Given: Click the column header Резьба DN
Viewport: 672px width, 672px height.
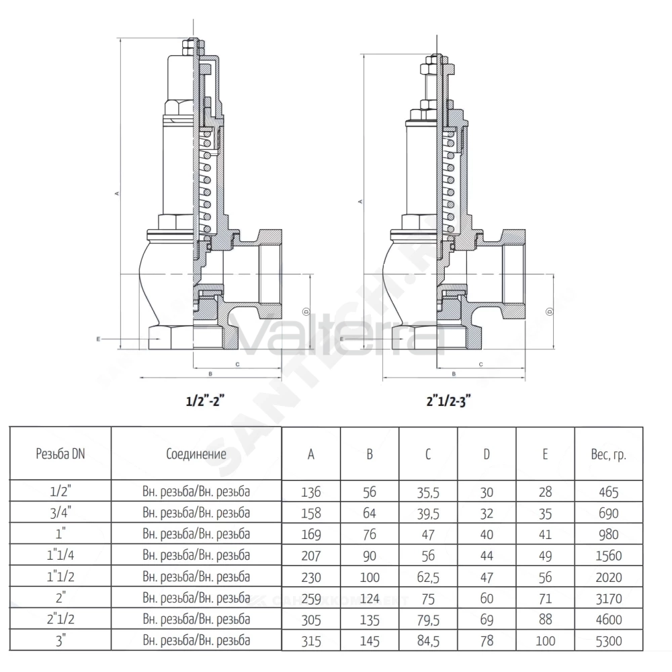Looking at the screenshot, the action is point(60,454).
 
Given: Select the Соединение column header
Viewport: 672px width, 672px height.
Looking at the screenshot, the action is point(196,454).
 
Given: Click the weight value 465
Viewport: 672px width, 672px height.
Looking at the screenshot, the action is point(609,492).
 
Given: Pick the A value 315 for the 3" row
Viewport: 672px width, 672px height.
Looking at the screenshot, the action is point(310,641).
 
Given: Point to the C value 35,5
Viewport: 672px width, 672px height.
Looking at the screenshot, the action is point(427,493).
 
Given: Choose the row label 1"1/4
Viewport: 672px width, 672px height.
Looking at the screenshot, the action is point(60,556).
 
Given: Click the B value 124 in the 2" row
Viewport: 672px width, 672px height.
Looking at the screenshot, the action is point(370,598).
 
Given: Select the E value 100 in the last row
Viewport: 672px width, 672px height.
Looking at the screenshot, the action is point(545,641).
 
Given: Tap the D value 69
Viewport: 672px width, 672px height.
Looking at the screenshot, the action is point(487,620).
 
